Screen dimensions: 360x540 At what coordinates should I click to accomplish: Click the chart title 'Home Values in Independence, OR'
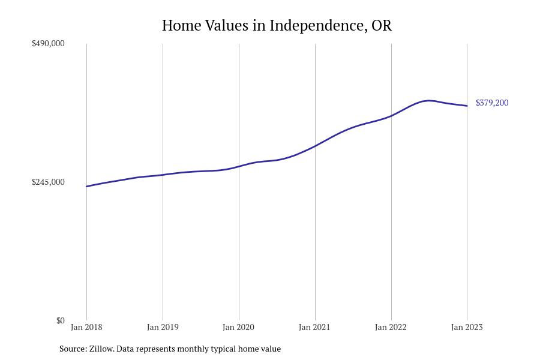pyautogui.click(x=277, y=26)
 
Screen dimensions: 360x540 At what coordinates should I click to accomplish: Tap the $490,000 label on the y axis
pyautogui.click(x=48, y=44)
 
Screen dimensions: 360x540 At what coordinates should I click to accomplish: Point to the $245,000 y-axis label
pyautogui.click(x=48, y=182)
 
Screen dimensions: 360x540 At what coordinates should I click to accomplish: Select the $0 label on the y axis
pyautogui.click(x=60, y=321)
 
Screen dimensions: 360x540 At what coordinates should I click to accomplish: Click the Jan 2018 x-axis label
pyautogui.click(x=86, y=328)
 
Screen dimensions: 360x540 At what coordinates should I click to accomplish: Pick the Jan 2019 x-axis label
pyautogui.click(x=163, y=328)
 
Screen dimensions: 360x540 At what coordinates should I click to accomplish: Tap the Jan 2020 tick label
pyautogui.click(x=238, y=328)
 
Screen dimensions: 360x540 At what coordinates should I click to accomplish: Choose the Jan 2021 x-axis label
pyautogui.click(x=314, y=328)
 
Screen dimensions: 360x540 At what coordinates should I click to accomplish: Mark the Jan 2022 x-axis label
pyautogui.click(x=391, y=328)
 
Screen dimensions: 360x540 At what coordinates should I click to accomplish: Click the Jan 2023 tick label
pyautogui.click(x=467, y=328)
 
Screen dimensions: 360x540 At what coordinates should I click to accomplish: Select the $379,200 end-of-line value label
pyautogui.click(x=492, y=103)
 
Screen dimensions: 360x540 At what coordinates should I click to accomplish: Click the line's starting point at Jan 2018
pyautogui.click(x=86, y=187)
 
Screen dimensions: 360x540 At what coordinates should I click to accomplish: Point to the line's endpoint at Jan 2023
pyautogui.click(x=467, y=106)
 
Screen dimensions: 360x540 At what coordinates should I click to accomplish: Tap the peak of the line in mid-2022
pyautogui.click(x=428, y=100)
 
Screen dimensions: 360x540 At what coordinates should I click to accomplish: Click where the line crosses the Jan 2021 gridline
pyautogui.click(x=315, y=146)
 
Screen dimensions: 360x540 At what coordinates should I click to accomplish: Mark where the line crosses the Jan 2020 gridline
pyautogui.click(x=239, y=166)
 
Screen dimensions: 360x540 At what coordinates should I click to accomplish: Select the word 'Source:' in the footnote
pyautogui.click(x=73, y=349)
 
